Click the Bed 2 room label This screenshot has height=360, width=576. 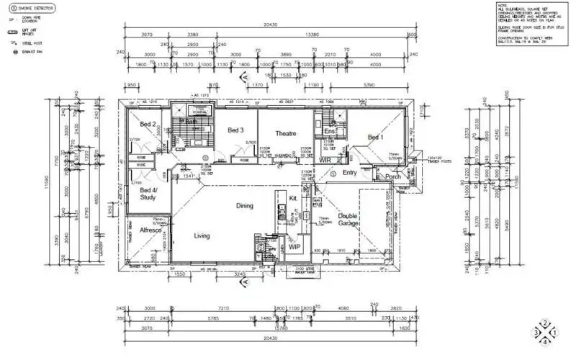tap(148, 125)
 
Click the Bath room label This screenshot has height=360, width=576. tap(192, 122)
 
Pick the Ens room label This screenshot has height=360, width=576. tap(330, 131)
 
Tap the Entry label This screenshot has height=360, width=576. tap(350, 173)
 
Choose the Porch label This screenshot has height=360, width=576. tap(393, 176)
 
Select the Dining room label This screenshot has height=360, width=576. tap(245, 206)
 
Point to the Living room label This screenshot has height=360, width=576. tap(202, 235)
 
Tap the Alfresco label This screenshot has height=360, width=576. tap(149, 231)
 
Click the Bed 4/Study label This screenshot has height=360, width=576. tap(148, 193)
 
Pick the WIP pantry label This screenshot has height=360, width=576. tap(294, 247)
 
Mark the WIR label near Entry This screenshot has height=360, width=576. tap(325, 160)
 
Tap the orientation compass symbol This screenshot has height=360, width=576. tap(545, 332)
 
